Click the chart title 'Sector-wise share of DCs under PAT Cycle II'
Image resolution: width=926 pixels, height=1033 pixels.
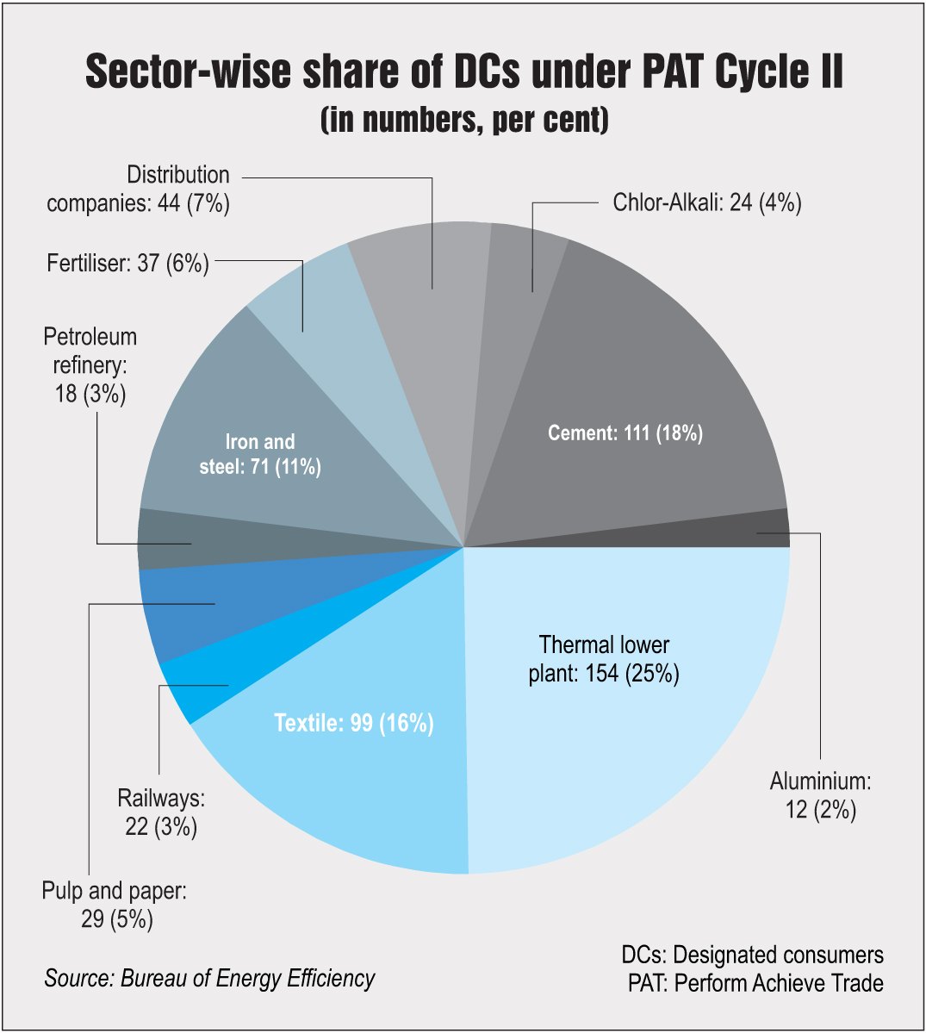point(463,72)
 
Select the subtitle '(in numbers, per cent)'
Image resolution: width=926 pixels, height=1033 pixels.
point(463,121)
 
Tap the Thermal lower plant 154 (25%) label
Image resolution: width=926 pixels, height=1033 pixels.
point(604,659)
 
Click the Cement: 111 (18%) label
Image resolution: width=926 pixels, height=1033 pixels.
point(625,432)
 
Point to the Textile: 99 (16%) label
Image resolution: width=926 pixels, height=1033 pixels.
point(353,723)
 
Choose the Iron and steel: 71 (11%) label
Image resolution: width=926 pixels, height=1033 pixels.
point(260,454)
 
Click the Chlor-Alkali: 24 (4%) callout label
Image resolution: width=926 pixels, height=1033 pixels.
point(706,203)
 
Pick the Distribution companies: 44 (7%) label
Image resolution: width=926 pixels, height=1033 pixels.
point(139,189)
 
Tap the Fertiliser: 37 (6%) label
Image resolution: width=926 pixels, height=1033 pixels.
point(127,263)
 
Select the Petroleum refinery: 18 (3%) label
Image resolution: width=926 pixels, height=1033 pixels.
point(90,365)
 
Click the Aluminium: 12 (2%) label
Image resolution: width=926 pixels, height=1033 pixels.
point(820,795)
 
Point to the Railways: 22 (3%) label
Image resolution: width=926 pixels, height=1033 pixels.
point(161,812)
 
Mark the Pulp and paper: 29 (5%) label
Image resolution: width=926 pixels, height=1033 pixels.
point(115,905)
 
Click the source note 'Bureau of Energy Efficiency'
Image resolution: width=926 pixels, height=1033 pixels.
point(209,979)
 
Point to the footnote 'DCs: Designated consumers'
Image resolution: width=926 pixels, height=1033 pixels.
point(752,955)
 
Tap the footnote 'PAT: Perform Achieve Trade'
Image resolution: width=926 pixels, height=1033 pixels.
point(755,983)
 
